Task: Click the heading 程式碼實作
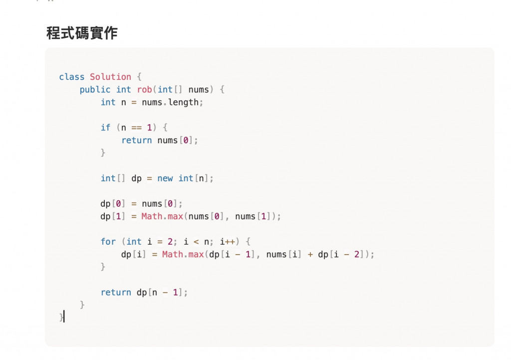pos(82,33)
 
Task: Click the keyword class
pos(72,77)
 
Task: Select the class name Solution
pos(110,77)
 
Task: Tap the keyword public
pos(95,89)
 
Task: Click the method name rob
pos(145,89)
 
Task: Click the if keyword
pos(105,128)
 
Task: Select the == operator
pos(137,128)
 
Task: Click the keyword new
pos(165,178)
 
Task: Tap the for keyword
pos(108,242)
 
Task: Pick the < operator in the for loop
pos(199,242)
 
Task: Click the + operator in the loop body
pos(310,255)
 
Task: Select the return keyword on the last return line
pos(116,293)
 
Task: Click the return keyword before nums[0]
pos(137,140)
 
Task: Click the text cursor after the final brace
pos(64,317)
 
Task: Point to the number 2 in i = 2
pos(170,242)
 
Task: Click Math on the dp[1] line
pos(152,217)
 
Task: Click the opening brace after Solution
pos(139,77)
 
